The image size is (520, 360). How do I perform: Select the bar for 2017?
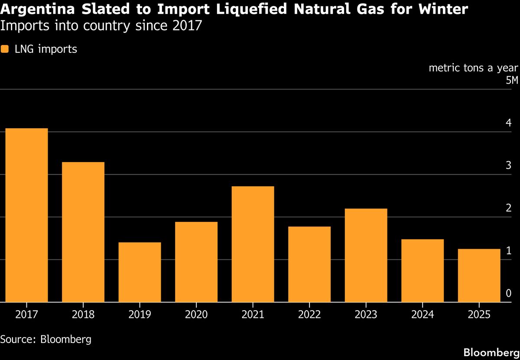(x=26, y=215)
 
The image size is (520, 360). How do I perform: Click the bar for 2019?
(x=140, y=272)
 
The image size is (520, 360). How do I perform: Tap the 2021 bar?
(x=253, y=244)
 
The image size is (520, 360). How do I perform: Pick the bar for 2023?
(x=366, y=255)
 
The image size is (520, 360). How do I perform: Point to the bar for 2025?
(x=479, y=276)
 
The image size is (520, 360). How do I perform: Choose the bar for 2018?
(x=83, y=232)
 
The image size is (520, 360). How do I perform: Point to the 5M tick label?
(x=511, y=81)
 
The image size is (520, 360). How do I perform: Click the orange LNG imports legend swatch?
(x=5, y=49)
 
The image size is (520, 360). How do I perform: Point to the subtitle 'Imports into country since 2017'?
(x=101, y=26)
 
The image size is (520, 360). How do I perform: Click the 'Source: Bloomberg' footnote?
(x=46, y=339)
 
